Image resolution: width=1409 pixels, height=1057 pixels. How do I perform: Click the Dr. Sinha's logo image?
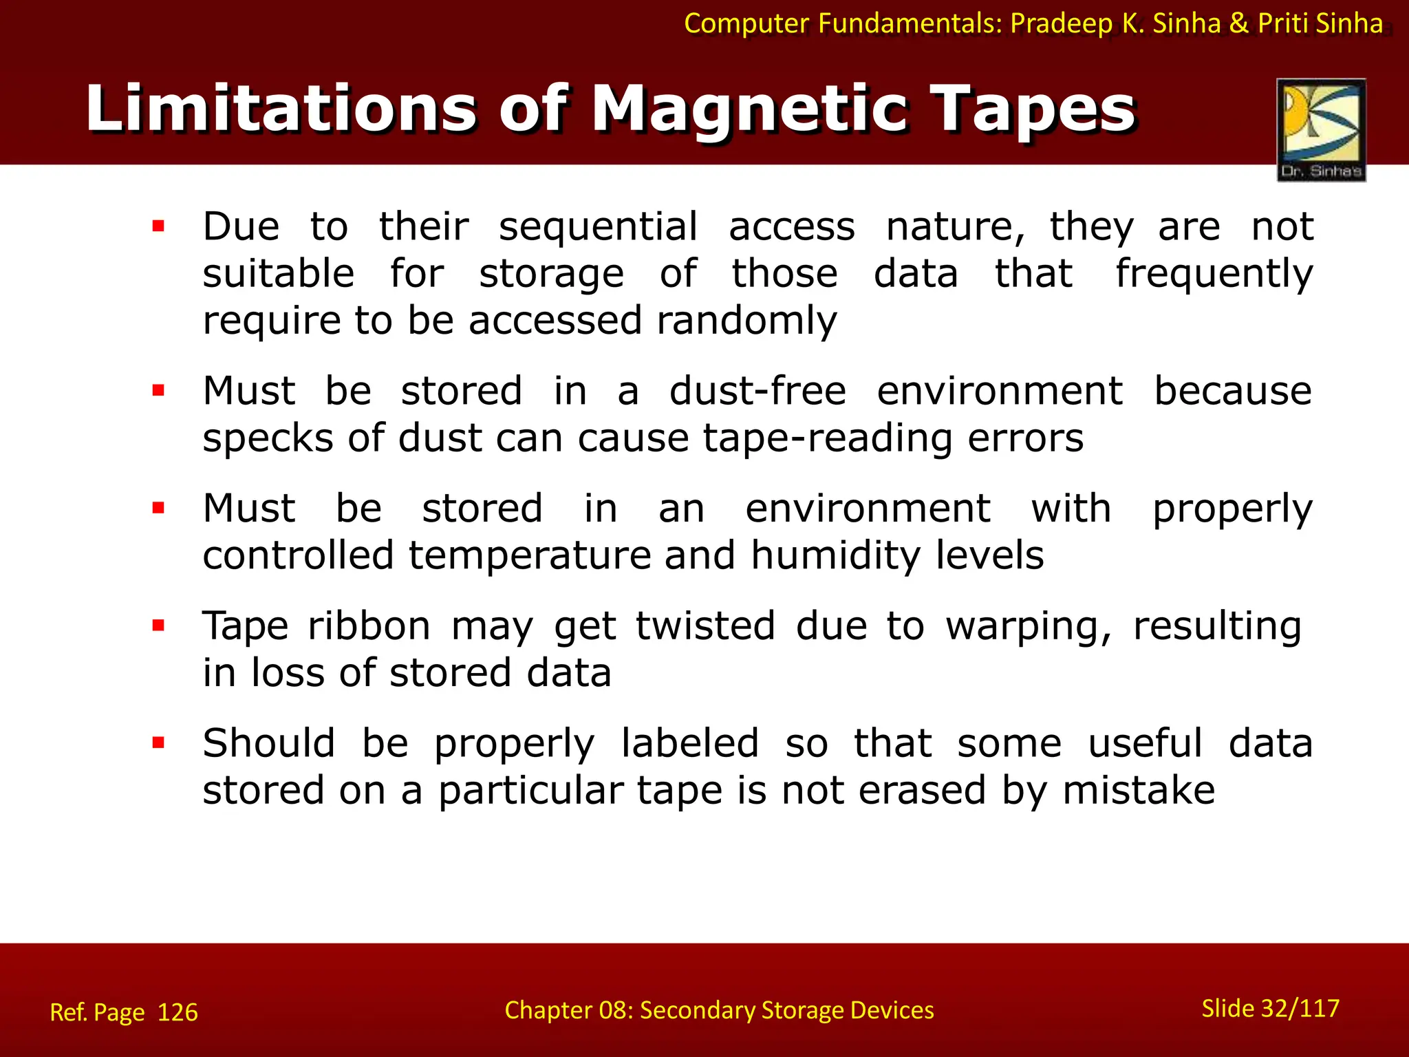pos(1321,129)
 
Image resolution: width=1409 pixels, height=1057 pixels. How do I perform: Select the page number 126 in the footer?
pos(178,1012)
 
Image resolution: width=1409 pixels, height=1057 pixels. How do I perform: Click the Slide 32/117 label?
pos(1270,1008)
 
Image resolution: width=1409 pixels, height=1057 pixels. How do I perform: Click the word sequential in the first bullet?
pos(598,227)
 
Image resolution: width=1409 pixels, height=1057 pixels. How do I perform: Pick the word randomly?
pos(746,321)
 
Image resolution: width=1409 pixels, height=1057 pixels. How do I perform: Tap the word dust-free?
pos(757,391)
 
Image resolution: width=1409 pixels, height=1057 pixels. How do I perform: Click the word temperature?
pos(530,555)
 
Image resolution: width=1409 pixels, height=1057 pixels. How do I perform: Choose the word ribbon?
pos(369,626)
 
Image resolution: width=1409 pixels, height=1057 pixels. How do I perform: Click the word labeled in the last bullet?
pos(690,744)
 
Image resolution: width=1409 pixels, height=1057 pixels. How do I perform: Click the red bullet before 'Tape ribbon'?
pos(159,626)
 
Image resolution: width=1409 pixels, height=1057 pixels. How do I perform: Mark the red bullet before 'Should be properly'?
pos(159,743)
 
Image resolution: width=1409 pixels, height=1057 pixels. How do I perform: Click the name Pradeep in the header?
pos(1062,23)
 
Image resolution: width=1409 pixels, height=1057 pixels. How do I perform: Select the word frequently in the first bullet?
pos(1214,274)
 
